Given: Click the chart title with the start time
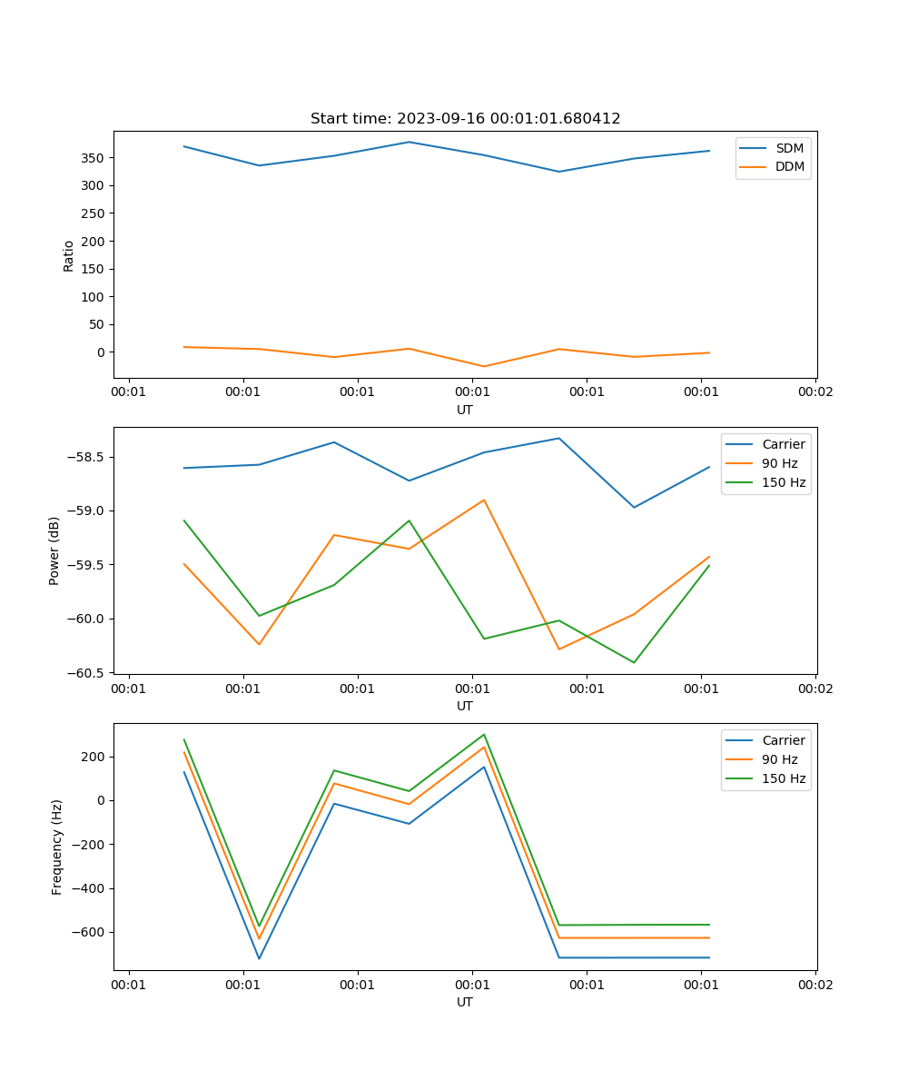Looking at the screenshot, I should pyautogui.click(x=465, y=119).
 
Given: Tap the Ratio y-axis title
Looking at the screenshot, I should pyautogui.click(x=69, y=256).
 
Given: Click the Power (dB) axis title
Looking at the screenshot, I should pyautogui.click(x=54, y=550).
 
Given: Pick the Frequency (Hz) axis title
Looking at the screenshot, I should pyautogui.click(x=57, y=847).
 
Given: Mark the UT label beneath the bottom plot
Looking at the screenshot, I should pyautogui.click(x=465, y=1002).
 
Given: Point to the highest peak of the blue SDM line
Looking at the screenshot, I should pyautogui.click(x=409, y=142).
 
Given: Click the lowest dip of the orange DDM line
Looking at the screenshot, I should pyautogui.click(x=484, y=366).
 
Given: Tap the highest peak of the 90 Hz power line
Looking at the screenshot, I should pyautogui.click(x=484, y=500).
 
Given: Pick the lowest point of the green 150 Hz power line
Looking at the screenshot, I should pyautogui.click(x=634, y=662).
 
